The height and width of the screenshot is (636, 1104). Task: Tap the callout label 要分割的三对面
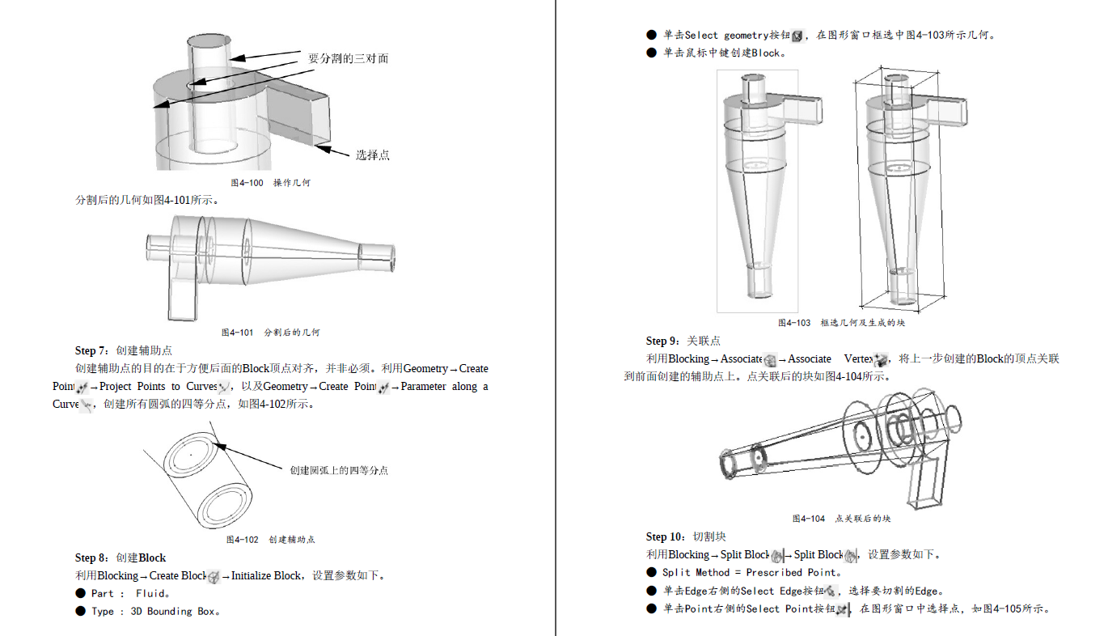coord(349,58)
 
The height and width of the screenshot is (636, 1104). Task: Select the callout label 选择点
coord(372,155)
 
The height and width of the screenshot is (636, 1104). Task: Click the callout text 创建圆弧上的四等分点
coord(339,470)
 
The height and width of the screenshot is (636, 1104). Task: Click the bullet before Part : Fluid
coord(80,593)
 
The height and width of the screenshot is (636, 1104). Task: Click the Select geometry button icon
coord(797,36)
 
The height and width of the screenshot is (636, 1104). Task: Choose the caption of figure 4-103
coord(841,323)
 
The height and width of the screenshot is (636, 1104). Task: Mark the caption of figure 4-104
coord(841,519)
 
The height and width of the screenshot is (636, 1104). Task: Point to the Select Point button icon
coord(844,609)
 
